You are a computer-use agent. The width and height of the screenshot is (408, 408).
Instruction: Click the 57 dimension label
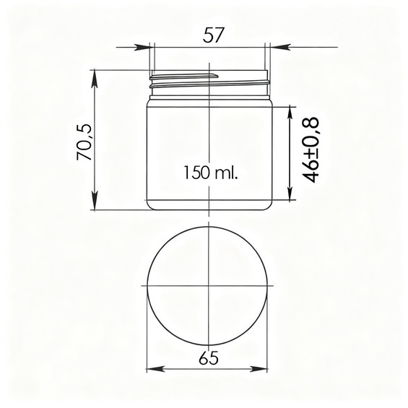(213, 35)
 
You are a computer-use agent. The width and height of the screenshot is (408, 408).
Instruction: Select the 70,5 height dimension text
(84, 142)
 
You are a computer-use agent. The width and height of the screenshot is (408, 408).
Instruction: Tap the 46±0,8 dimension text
(311, 150)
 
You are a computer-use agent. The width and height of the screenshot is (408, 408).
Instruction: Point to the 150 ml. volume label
(211, 173)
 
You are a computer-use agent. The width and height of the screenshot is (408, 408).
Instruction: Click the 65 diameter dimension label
(209, 358)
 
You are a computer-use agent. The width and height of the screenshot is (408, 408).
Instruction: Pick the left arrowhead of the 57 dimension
(142, 48)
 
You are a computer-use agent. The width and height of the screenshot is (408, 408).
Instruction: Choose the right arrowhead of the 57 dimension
(279, 47)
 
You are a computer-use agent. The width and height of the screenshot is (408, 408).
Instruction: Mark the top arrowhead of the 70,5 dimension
(95, 79)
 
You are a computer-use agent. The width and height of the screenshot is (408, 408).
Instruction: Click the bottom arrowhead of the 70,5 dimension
(95, 200)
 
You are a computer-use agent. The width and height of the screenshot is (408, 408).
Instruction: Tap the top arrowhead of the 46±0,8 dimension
(290, 116)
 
